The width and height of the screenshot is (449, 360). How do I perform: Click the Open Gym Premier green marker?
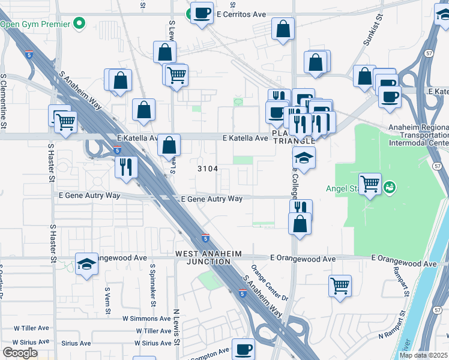[x=79, y=25]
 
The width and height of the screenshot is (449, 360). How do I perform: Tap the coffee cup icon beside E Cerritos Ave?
[x=202, y=13]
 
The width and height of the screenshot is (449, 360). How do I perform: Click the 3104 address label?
[x=208, y=169]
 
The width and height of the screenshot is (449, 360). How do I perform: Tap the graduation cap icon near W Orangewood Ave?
[x=86, y=264]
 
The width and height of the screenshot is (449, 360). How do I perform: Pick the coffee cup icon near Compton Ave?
[x=243, y=349]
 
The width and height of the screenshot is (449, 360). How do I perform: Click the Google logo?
[x=20, y=353]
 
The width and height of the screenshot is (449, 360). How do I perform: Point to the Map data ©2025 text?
[x=424, y=355]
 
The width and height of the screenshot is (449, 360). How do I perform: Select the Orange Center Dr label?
[x=270, y=283]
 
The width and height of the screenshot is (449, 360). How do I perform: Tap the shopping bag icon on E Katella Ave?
[x=170, y=145]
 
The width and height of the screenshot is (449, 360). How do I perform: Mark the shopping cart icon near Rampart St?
[x=340, y=286]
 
